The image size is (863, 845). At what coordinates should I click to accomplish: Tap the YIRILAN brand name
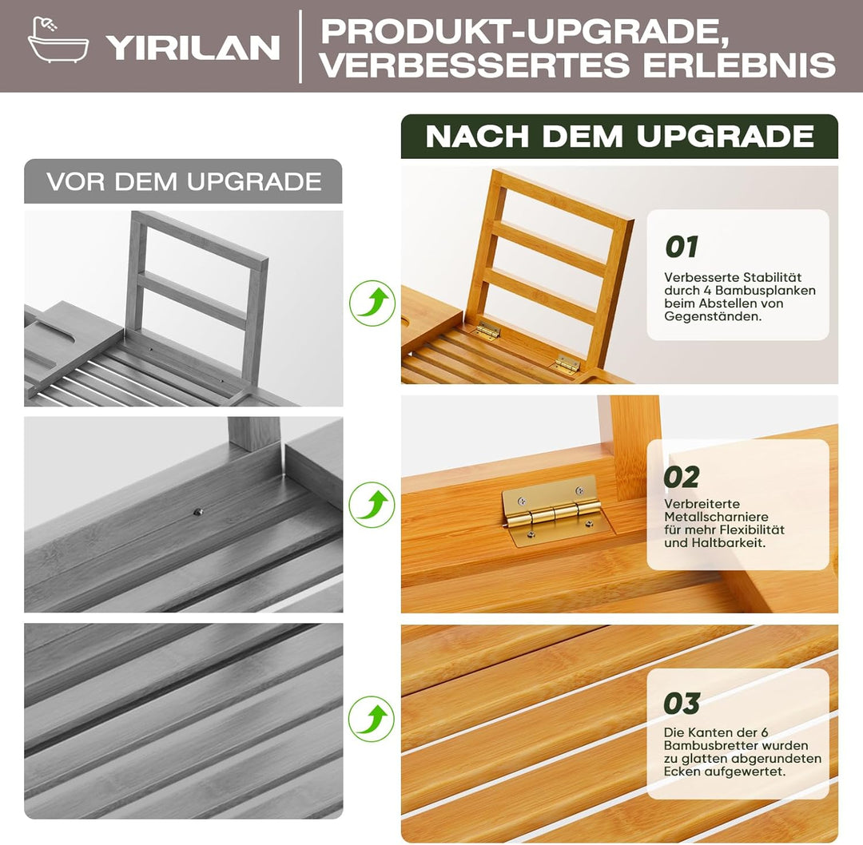[x=193, y=48]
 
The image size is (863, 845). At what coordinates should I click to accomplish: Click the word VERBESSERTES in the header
[x=475, y=65]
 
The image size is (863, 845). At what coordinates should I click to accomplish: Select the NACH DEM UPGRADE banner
[x=619, y=137]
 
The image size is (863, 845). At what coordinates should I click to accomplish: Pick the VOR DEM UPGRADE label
[x=183, y=181]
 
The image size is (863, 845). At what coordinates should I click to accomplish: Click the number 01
[x=682, y=247]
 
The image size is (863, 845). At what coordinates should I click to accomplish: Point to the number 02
[x=682, y=477]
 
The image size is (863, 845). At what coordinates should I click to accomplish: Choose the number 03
[x=682, y=703]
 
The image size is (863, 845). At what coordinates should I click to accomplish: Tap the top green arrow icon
[x=372, y=303]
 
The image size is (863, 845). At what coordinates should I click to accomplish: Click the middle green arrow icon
[x=372, y=505]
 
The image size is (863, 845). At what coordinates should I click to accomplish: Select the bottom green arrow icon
[x=372, y=719]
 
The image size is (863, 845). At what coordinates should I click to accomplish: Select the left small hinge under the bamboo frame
[x=487, y=330]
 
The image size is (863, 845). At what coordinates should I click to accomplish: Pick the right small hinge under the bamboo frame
[x=567, y=363]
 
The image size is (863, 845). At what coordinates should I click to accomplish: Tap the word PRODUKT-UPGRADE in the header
[x=526, y=32]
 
